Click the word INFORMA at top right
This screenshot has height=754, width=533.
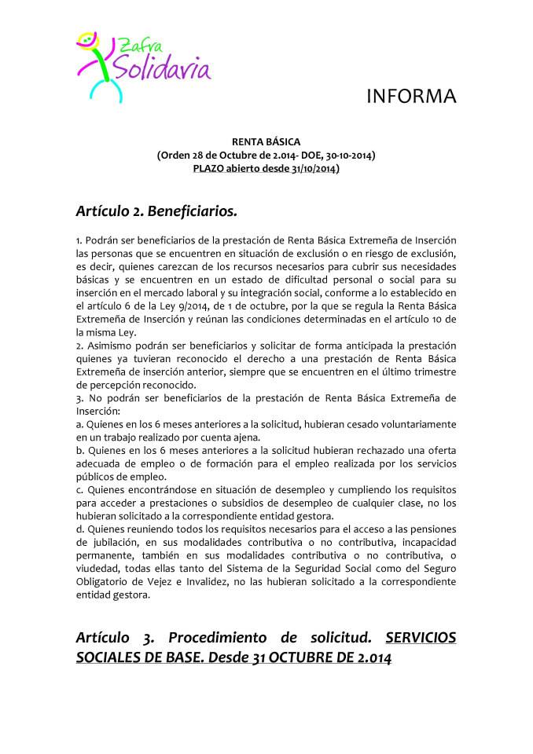point(412,97)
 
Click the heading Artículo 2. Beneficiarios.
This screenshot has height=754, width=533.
point(156,211)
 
